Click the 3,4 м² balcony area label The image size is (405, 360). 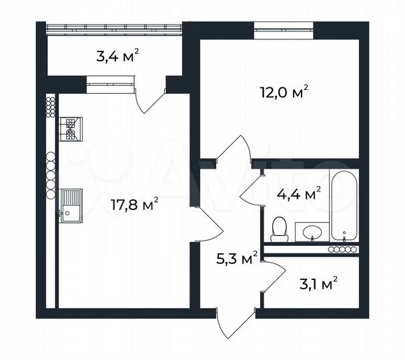[x=118, y=56]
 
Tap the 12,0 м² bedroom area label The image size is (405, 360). [x=284, y=93]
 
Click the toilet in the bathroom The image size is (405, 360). [x=280, y=229]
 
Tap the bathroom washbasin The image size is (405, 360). [x=312, y=232]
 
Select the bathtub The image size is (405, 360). [x=344, y=207]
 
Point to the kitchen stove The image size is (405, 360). [x=70, y=129]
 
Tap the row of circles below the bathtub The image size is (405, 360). [x=344, y=249]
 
